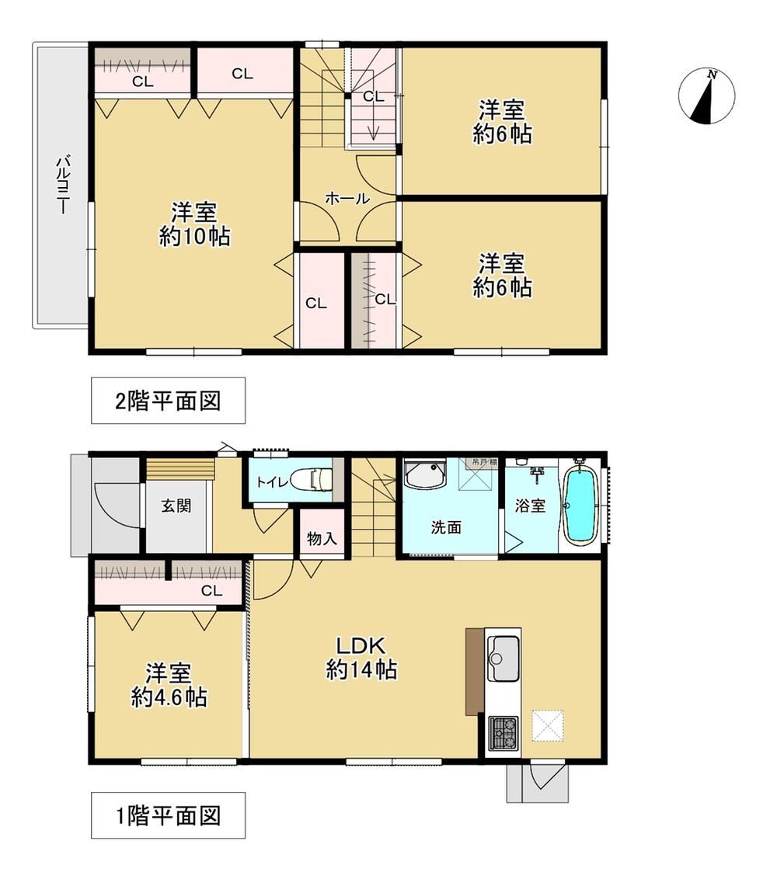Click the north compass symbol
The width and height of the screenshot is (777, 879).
click(x=706, y=96)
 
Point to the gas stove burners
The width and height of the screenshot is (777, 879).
click(x=503, y=733)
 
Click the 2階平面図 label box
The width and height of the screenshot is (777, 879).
click(x=168, y=400)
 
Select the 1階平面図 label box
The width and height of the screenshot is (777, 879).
click(x=168, y=815)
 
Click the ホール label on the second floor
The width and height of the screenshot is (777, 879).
click(x=347, y=199)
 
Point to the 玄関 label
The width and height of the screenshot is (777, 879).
click(x=176, y=506)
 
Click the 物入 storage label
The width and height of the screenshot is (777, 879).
click(x=322, y=539)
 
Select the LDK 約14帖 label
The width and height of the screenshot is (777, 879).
click(x=362, y=658)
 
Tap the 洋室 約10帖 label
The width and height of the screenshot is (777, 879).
click(x=194, y=224)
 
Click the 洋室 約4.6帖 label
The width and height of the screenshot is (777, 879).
click(x=169, y=684)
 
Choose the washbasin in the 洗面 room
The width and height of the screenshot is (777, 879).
click(x=425, y=475)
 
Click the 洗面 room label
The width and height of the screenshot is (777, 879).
click(x=447, y=527)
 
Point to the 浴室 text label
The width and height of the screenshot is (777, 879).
click(x=530, y=506)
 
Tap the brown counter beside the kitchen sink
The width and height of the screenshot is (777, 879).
click(x=474, y=672)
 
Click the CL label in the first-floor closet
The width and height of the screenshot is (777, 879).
click(x=211, y=590)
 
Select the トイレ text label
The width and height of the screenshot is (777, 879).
click(x=272, y=481)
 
